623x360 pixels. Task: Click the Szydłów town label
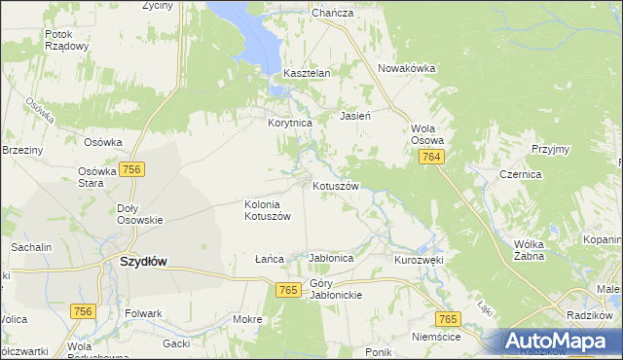[x=142, y=262]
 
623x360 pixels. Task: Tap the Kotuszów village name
[x=336, y=185]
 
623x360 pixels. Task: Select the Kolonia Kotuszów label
[x=267, y=210]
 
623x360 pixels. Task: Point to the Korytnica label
[x=289, y=124]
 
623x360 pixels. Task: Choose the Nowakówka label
[x=406, y=68]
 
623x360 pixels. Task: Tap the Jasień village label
[x=354, y=116]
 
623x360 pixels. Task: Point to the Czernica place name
[x=546, y=174]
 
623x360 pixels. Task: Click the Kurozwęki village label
[x=419, y=260]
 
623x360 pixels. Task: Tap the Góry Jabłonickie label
[x=336, y=289]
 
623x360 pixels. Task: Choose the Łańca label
[x=269, y=259]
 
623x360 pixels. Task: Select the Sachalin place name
[x=31, y=248]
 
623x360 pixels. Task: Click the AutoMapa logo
[x=560, y=342]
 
